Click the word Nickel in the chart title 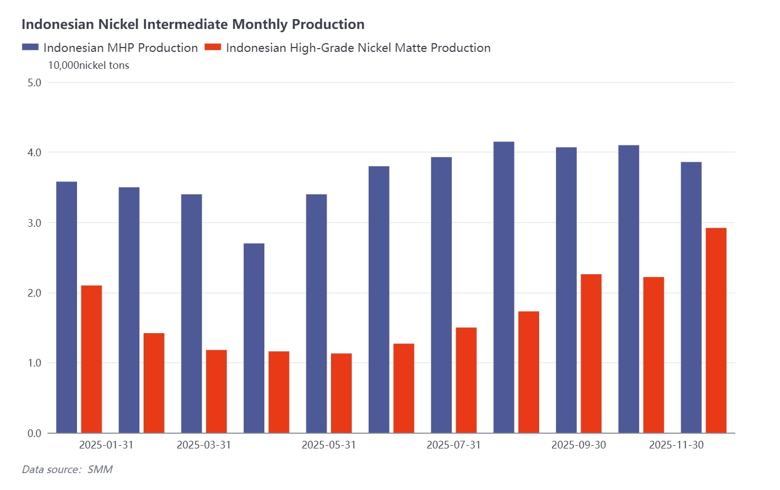tap(119, 25)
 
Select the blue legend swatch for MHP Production tap(30, 48)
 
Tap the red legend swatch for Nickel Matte tap(212, 48)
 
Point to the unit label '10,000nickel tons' tap(88, 66)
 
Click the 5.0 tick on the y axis tap(34, 82)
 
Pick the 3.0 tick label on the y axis tap(34, 223)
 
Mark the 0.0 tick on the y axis tap(34, 433)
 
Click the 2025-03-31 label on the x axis tap(204, 445)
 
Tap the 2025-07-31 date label tap(453, 445)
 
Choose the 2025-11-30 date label tap(676, 445)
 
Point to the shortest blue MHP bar tap(254, 338)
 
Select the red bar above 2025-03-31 tap(216, 391)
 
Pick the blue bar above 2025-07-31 tap(441, 295)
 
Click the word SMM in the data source tap(100, 469)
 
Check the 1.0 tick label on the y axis tap(34, 363)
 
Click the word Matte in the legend tap(411, 48)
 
